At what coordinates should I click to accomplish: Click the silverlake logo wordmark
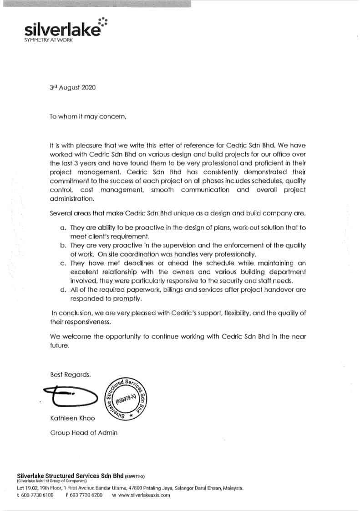click(x=63, y=30)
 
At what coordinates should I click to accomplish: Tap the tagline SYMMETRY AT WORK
click(x=48, y=40)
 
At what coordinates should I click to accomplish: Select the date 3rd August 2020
click(x=73, y=88)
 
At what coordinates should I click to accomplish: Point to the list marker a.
click(x=63, y=227)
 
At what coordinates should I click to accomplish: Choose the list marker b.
click(x=63, y=245)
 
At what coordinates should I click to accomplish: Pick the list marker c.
click(x=63, y=263)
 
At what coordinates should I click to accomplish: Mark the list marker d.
click(x=63, y=289)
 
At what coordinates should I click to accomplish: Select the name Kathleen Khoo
click(x=72, y=418)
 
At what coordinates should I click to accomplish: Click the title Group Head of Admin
click(x=84, y=433)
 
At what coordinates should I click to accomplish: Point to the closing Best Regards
click(x=71, y=374)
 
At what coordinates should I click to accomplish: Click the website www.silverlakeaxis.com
click(x=144, y=495)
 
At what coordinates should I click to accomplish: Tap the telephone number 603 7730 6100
click(x=37, y=495)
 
